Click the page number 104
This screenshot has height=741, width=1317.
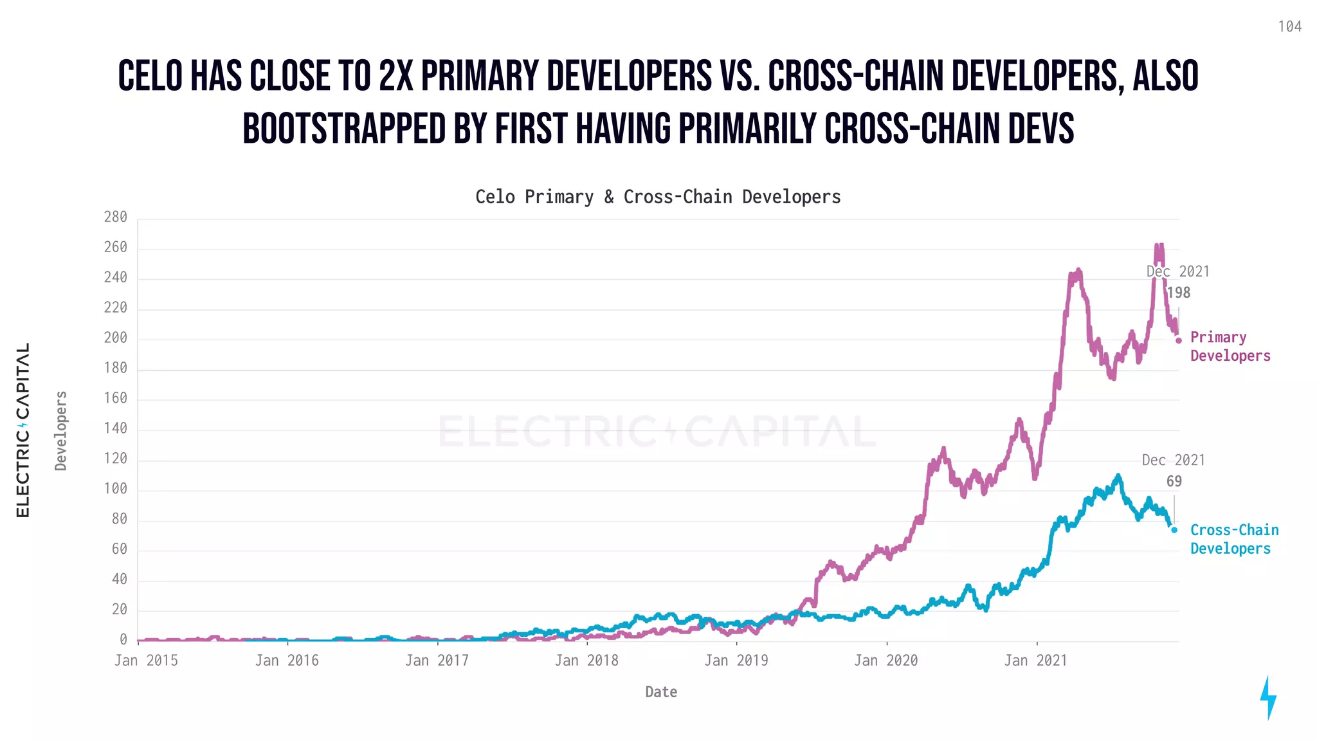coord(1289,26)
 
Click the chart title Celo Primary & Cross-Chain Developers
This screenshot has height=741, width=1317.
coord(658,197)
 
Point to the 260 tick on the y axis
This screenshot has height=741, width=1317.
coord(116,248)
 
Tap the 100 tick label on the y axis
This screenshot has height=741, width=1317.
coord(116,489)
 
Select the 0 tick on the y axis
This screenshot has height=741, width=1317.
coord(123,639)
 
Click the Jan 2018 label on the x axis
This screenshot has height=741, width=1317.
coord(586,661)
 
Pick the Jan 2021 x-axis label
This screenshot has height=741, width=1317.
coord(1035,661)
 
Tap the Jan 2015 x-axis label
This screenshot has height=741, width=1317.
coord(146,661)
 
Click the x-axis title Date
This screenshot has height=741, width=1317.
coord(661,692)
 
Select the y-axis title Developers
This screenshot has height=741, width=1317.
coord(61,430)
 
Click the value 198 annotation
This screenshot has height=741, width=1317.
coord(1179,293)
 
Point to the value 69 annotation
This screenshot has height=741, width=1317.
coord(1174,482)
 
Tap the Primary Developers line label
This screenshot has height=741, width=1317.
coord(1230,347)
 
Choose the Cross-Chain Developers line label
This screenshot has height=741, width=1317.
coord(1234,539)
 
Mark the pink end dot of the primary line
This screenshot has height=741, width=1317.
coord(1179,341)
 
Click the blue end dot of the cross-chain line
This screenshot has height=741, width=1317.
coord(1174,530)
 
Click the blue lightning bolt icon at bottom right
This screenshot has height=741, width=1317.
coord(1268,698)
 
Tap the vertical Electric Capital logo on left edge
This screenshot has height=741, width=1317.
coord(23,430)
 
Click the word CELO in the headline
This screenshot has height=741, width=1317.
coord(150,76)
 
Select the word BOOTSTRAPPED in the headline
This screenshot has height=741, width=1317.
coord(344,129)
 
